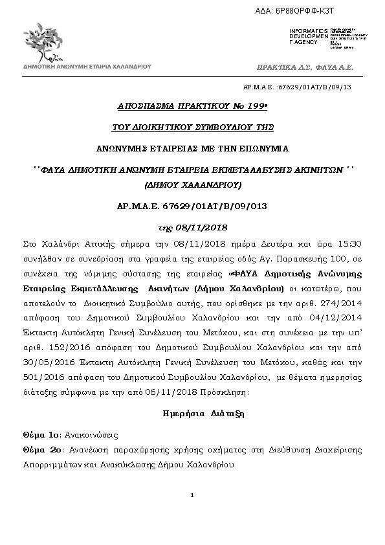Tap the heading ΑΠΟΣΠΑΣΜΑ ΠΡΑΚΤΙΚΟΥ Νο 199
point(192,106)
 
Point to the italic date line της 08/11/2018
point(192,228)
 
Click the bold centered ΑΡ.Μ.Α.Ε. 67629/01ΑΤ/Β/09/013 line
point(192,206)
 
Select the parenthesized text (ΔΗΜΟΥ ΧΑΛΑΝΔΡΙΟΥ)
point(192,184)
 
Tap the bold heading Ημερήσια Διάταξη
point(192,412)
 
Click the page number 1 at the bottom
point(193,496)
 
